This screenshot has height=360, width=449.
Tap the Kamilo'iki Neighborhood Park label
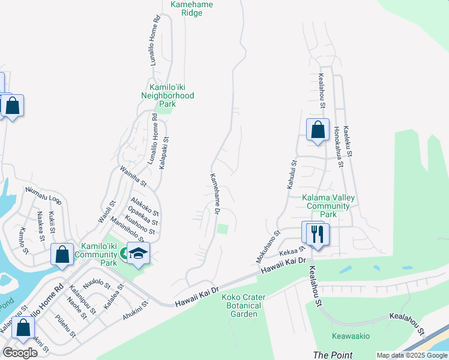[x=167, y=95]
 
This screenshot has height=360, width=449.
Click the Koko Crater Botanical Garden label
[x=241, y=305]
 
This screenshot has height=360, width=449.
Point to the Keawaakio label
[x=351, y=337]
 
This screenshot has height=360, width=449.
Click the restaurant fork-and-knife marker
[x=318, y=233]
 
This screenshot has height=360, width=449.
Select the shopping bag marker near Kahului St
[x=318, y=130]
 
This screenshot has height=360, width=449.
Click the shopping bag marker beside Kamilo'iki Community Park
[x=62, y=254]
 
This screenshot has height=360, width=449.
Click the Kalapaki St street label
[x=163, y=152]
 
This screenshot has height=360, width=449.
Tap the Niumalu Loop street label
[x=43, y=196]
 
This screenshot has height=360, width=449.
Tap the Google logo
[x=20, y=352]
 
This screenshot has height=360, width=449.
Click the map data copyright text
[x=412, y=355]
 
